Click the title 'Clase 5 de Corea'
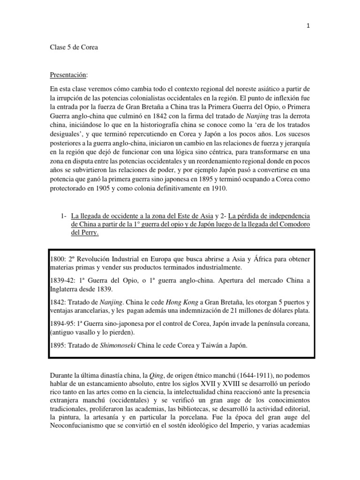click(74, 48)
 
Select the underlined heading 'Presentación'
click(68, 75)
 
